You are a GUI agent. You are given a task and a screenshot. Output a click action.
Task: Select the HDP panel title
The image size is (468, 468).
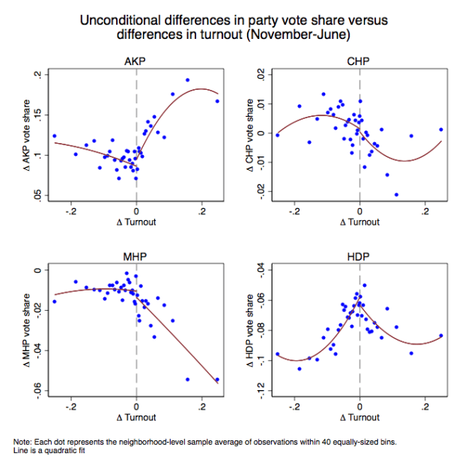click(359, 257)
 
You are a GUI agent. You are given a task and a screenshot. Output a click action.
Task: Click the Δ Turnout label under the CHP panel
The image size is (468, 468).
click(359, 222)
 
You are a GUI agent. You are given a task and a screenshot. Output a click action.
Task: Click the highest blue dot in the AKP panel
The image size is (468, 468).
click(187, 80)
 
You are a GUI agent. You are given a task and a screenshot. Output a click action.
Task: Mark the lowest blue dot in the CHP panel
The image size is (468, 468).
click(396, 195)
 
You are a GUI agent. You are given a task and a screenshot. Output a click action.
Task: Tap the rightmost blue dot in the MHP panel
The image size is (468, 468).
click(217, 380)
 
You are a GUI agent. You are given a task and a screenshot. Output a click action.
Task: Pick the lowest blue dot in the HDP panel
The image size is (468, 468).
click(300, 368)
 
